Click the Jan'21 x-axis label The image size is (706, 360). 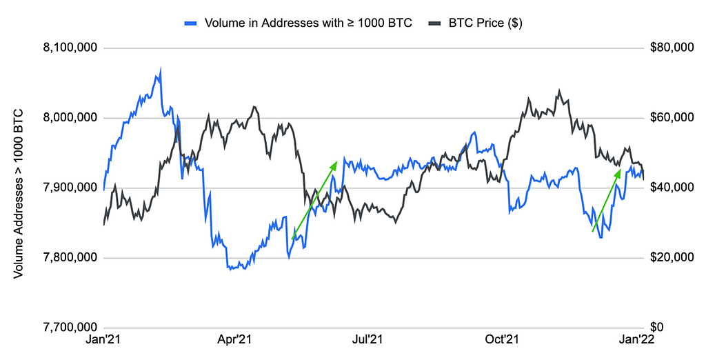103,339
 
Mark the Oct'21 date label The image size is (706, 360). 501,339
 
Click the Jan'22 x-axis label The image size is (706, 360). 634,339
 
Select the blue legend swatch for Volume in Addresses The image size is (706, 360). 193,23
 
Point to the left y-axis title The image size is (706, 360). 19,193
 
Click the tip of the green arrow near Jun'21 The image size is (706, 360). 336,162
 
